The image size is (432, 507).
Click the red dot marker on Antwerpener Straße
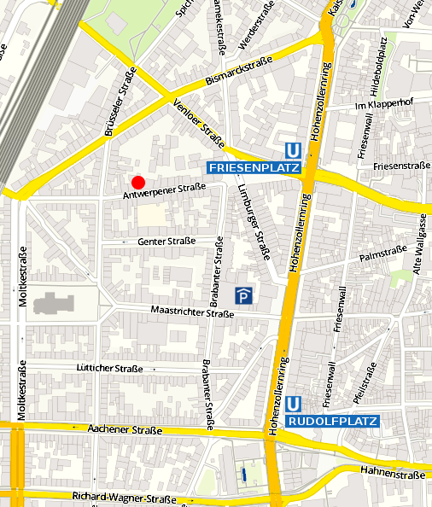click(x=137, y=182)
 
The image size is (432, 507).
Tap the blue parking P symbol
click(x=244, y=296)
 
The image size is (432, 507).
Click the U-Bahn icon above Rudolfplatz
click(x=294, y=404)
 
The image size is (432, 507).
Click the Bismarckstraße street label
click(x=238, y=72)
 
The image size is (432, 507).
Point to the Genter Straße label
click(x=166, y=242)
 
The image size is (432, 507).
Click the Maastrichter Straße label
click(x=191, y=313)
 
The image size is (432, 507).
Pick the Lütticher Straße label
click(x=109, y=368)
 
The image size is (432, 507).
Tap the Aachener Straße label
click(x=125, y=431)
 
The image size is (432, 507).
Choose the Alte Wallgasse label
click(x=418, y=243)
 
